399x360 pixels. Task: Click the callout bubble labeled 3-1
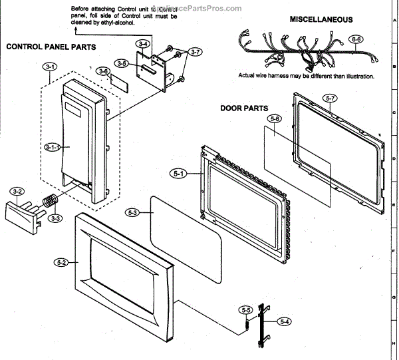pos(51,67)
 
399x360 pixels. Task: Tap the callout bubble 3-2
pos(18,192)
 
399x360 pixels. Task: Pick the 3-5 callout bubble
pos(120,63)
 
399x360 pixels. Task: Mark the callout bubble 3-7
pos(195,51)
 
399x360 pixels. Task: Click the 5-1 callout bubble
pos(179,174)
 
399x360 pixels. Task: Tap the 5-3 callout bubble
pos(132,213)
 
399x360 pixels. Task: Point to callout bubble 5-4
pos(285,321)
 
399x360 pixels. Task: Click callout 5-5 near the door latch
pos(246,310)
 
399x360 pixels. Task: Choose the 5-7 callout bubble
pos(331,98)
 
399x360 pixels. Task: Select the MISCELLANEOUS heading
pos(321,20)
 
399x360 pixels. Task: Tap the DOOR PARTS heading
pos(244,108)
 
